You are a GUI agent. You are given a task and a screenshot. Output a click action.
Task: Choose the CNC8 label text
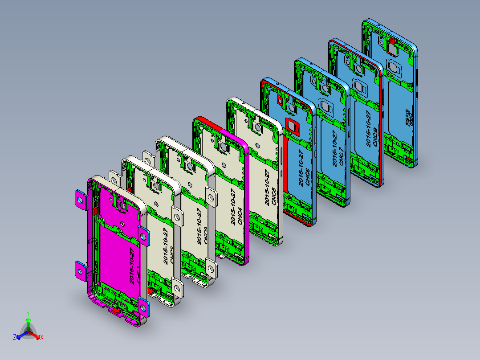pyautogui.click(x=374, y=135)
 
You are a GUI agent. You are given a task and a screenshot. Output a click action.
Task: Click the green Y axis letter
pyautogui.click(x=28, y=313)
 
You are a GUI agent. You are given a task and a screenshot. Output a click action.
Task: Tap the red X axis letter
pyautogui.click(x=42, y=338)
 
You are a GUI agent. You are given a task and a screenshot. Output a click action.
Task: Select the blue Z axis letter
pyautogui.click(x=14, y=338)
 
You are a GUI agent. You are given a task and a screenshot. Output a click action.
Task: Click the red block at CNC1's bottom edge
pyautogui.click(x=115, y=311)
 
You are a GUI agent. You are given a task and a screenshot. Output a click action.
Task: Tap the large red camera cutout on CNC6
pyautogui.click(x=292, y=127)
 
